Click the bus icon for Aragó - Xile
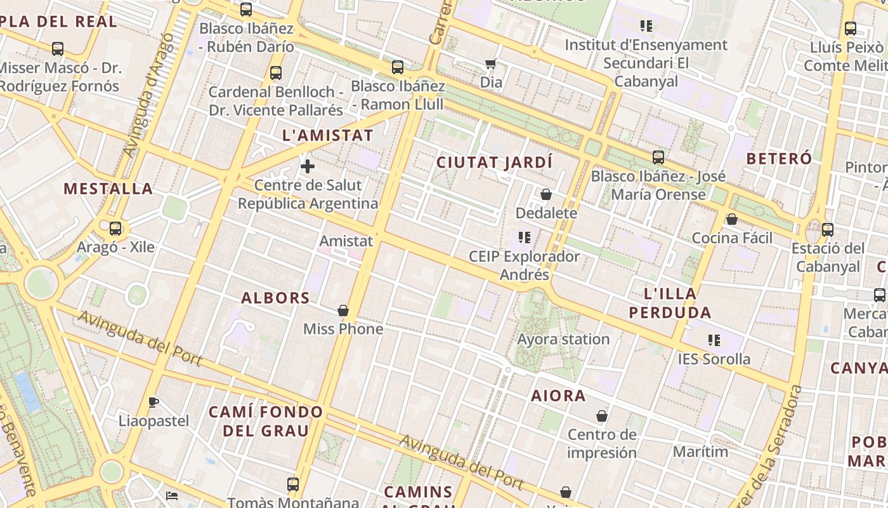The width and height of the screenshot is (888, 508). [115, 229]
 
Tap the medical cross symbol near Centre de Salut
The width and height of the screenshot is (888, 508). [308, 166]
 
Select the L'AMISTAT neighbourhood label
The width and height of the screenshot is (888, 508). [327, 135]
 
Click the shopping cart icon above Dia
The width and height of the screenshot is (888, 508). [490, 63]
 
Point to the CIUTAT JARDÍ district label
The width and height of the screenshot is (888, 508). [494, 163]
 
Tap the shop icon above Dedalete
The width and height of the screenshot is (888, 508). [546, 194]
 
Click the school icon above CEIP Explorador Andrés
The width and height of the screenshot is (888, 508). [524, 237]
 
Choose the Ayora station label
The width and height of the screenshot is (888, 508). [563, 339]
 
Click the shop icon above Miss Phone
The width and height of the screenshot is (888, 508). [343, 311]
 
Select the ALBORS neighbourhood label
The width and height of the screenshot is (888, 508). [275, 298]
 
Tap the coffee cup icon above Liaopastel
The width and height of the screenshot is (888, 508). [153, 402]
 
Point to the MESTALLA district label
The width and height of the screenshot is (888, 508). [108, 189]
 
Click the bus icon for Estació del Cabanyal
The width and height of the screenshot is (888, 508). [827, 230]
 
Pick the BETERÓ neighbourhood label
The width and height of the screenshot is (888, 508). [779, 158]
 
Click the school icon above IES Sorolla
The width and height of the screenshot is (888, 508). [714, 340]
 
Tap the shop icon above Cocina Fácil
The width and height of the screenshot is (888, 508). [732, 219]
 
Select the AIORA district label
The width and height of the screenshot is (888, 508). [558, 396]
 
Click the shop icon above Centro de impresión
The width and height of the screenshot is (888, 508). [601, 416]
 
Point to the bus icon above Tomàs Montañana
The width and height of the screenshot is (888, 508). [293, 485]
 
